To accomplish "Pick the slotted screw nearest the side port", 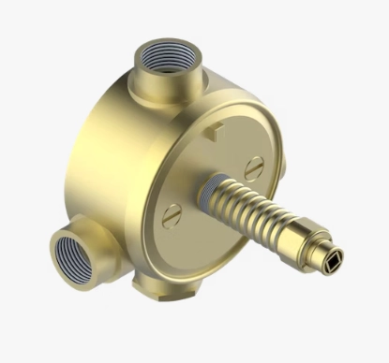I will coord(170,215).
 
